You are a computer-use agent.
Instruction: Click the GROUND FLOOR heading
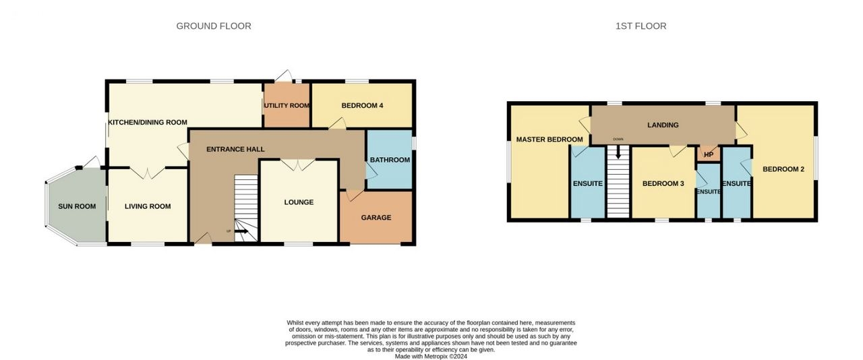[x=214, y=26]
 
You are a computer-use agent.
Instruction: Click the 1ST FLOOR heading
[x=641, y=26]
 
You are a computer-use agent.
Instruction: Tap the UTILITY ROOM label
[x=287, y=105]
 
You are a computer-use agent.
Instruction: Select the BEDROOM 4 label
[x=362, y=105]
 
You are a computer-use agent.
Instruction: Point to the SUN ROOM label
[x=77, y=206]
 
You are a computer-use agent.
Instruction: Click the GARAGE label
[x=376, y=217]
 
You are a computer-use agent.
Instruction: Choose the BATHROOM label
[x=390, y=160]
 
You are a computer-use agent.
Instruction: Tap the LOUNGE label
[x=299, y=202]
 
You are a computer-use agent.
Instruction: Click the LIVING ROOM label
[x=148, y=206]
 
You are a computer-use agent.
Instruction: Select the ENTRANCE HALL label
[x=235, y=149]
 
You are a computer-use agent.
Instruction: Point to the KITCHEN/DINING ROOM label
[x=148, y=122]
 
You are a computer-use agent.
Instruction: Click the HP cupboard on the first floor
[x=709, y=154]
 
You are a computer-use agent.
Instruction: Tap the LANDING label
[x=663, y=125]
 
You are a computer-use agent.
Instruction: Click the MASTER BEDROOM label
[x=549, y=139]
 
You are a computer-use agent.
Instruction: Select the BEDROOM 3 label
[x=663, y=183]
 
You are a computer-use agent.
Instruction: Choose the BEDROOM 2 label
[x=783, y=169]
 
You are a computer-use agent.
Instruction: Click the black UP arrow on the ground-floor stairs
[x=241, y=231]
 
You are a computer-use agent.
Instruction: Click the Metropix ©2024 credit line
[x=431, y=357]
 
